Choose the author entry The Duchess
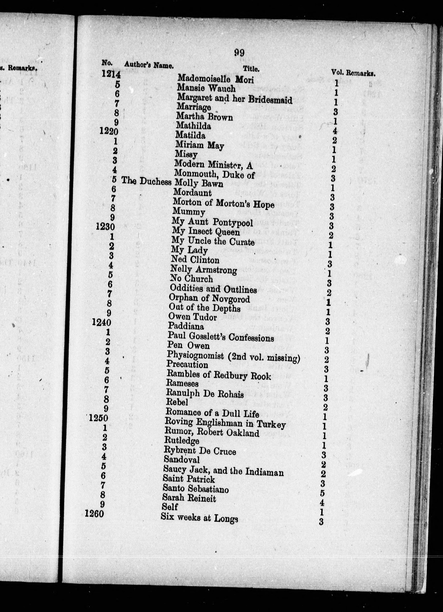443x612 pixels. click(x=146, y=181)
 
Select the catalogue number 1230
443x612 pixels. click(x=105, y=227)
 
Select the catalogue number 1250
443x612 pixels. click(x=99, y=418)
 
